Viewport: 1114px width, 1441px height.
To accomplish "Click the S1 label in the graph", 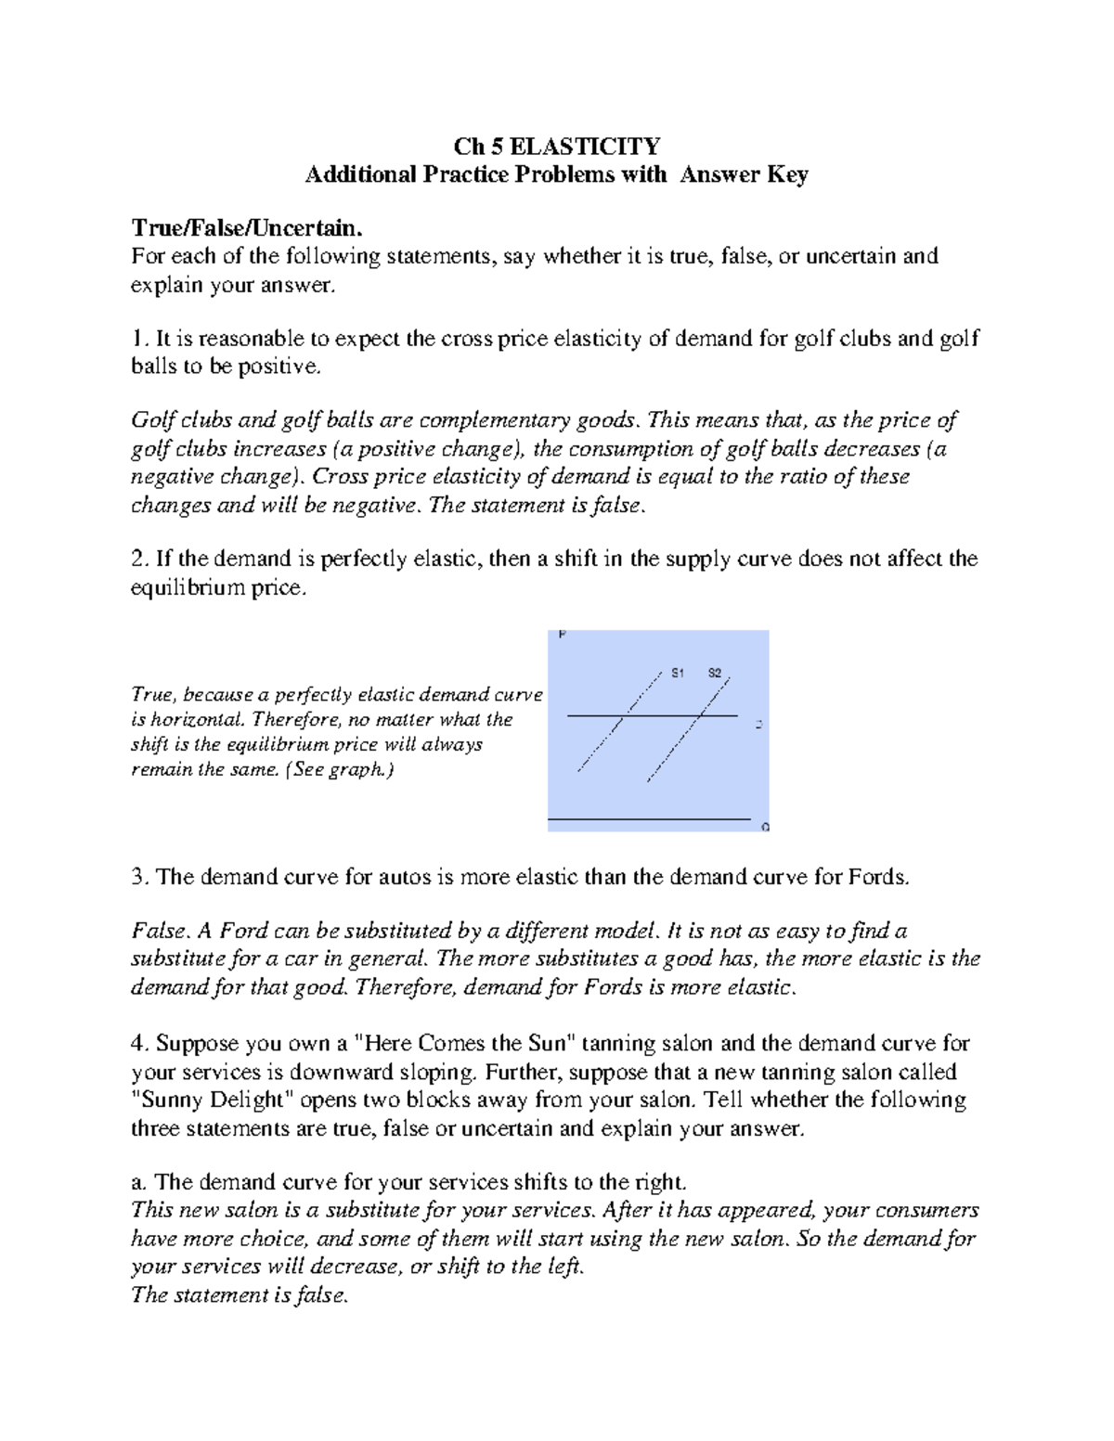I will pyautogui.click(x=678, y=673).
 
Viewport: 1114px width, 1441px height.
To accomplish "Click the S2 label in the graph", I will pyautogui.click(x=715, y=673).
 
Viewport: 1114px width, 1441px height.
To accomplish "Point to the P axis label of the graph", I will pyautogui.click(x=562, y=636).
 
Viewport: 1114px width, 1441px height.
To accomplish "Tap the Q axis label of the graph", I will pyautogui.click(x=765, y=827).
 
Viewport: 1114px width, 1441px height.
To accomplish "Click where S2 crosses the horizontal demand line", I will pyautogui.click(x=703, y=715).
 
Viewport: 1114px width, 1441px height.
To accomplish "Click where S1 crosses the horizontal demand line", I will pyautogui.click(x=629, y=715).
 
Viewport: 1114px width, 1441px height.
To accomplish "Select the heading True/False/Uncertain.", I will pyautogui.click(x=244, y=228).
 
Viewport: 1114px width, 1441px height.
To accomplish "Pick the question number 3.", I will pyautogui.click(x=139, y=877).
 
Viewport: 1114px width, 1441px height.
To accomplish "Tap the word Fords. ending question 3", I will pyautogui.click(x=878, y=877).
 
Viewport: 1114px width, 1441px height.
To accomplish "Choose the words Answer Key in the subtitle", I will pyautogui.click(x=744, y=174).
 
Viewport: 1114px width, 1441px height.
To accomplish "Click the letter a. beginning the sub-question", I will pyautogui.click(x=139, y=1182).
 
